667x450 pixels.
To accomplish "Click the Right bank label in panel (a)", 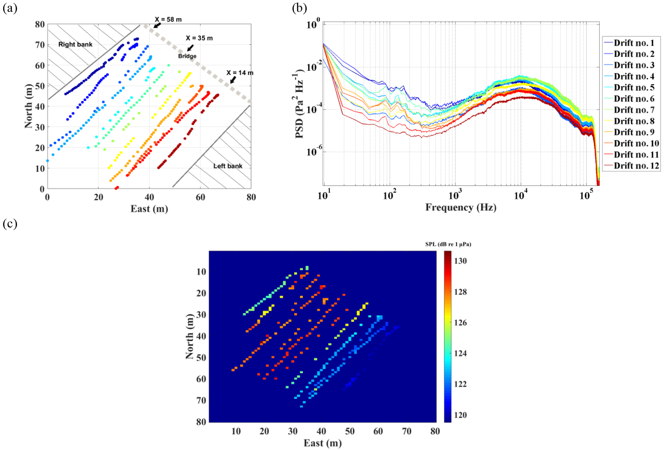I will click(75, 44).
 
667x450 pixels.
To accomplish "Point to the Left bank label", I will click(227, 166).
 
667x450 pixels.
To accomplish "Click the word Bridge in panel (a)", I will click(187, 56).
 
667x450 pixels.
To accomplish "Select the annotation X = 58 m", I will click(168, 20).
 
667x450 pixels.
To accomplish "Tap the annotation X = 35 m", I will click(199, 38).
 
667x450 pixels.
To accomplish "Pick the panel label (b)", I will click(299, 8).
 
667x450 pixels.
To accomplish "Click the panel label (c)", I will click(10, 223).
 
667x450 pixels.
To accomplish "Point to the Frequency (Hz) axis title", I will click(460, 207).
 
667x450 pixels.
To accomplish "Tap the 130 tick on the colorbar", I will click(460, 261).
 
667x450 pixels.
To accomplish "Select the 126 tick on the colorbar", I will click(460, 323).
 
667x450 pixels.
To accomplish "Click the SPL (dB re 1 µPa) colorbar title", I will click(448, 244).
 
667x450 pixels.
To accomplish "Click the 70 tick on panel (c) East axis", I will click(407, 431).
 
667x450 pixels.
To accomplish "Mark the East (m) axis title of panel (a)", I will click(149, 209).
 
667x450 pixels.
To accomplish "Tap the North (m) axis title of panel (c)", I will click(190, 337).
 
